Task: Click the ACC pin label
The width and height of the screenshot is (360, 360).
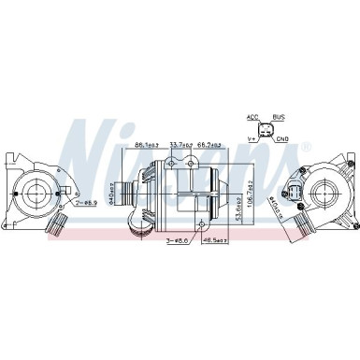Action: pos(251,119)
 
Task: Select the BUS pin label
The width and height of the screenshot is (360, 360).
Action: pos(278,119)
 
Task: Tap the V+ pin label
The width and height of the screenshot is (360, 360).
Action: pos(252,139)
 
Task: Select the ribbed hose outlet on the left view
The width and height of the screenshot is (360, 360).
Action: pos(58,224)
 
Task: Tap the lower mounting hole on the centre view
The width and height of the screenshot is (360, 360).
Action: pos(201,222)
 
